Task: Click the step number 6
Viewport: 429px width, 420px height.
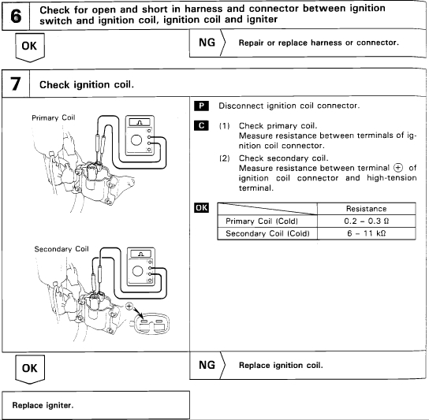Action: (16, 16)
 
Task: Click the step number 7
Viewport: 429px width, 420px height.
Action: (15, 84)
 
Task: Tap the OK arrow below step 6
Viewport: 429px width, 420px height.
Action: (30, 47)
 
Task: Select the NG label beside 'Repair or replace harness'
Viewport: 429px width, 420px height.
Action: (207, 43)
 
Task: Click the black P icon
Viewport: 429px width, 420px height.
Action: (201, 106)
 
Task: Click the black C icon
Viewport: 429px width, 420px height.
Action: (201, 126)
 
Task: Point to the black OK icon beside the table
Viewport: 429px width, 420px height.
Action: (201, 208)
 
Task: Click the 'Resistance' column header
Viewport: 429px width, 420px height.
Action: (367, 209)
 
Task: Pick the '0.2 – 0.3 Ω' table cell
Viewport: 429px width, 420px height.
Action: (367, 221)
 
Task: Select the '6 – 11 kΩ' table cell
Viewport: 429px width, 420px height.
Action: (367, 233)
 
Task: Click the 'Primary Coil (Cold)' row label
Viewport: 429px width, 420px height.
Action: (262, 221)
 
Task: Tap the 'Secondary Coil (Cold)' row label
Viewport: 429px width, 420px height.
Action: (267, 233)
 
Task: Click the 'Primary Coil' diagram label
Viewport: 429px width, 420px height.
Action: (54, 118)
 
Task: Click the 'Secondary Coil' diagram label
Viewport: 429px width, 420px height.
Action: (62, 249)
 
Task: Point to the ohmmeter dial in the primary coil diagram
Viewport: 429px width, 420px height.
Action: (136, 140)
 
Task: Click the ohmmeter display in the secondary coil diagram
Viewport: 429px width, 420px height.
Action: (141, 254)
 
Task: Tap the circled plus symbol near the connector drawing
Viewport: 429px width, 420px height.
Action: (129, 307)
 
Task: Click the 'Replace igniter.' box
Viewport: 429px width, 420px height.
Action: (95, 405)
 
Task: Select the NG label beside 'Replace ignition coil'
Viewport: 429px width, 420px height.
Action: (207, 366)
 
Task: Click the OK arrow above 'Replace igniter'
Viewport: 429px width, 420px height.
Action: (30, 370)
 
